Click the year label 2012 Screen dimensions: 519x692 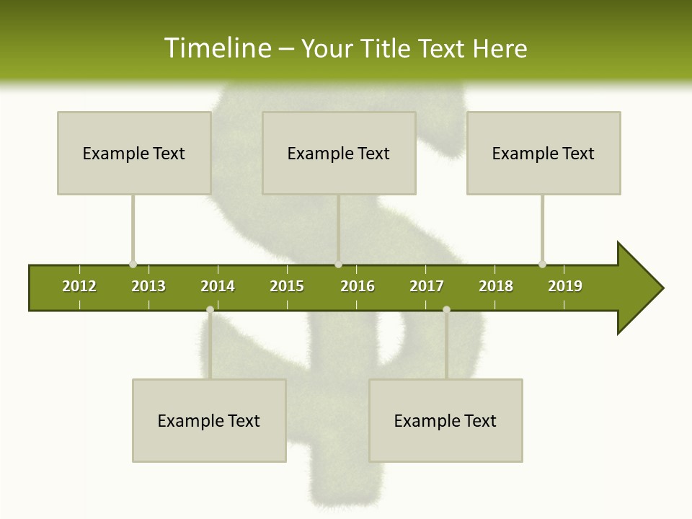coord(79,286)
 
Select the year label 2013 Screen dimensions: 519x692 coord(148,286)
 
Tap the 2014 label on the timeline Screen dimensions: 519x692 coord(218,286)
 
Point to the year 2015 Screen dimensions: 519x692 coord(287,286)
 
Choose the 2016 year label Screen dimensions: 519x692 coord(358,286)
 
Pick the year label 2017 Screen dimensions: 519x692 coord(427,286)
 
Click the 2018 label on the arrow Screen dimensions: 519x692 coord(496,286)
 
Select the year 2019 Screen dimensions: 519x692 coord(565,286)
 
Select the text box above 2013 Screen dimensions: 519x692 coord(134,153)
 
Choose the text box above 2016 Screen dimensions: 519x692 coord(339,153)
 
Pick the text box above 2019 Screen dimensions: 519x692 coord(544,153)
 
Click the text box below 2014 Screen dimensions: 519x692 coord(209,420)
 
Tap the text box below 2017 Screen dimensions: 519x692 coord(445,420)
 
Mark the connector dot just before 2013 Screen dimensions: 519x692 coord(133,264)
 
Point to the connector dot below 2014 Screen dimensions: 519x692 coord(210,309)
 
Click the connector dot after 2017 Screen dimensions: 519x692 coord(446,309)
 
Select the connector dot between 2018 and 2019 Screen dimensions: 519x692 coord(542,264)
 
